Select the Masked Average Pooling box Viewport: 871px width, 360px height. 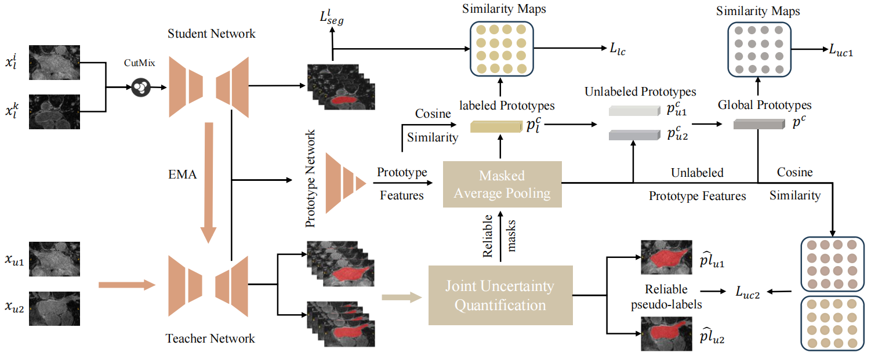click(x=502, y=184)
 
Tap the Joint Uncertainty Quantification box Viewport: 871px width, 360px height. click(x=500, y=295)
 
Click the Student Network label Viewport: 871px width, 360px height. click(x=212, y=34)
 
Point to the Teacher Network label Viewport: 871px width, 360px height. click(x=210, y=338)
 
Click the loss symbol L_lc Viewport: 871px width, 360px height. click(x=618, y=50)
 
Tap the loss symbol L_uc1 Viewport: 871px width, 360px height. click(x=839, y=50)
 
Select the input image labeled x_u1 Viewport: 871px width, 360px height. click(x=53, y=259)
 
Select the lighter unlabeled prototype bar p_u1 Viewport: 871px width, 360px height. click(x=633, y=111)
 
